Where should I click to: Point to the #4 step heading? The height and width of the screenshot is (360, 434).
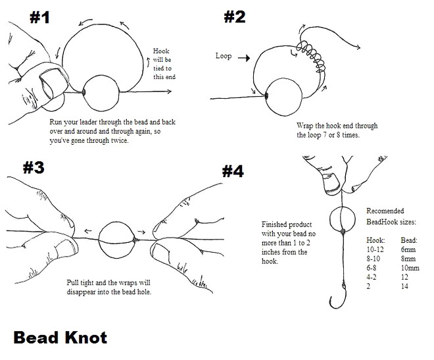[232, 171]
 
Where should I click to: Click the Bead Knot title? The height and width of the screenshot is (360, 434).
[60, 338]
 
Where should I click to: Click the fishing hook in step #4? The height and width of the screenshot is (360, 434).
[337, 296]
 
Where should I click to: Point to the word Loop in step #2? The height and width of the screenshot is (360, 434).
[224, 56]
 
